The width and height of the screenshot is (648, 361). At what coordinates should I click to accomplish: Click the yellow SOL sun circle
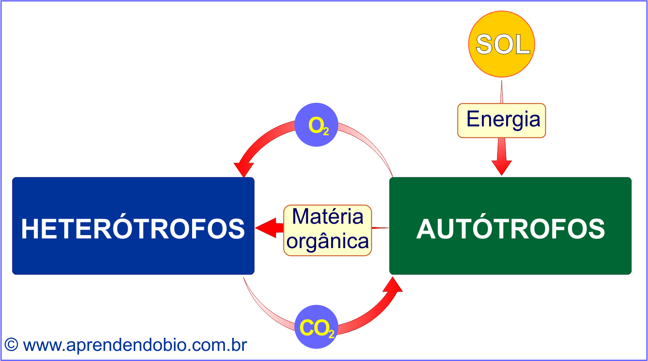tap(501, 44)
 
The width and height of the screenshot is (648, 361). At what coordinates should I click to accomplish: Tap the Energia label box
tap(501, 120)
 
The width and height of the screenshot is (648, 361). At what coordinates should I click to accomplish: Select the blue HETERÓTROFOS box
tap(133, 226)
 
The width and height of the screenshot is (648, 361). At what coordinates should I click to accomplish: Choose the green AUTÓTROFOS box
tap(510, 226)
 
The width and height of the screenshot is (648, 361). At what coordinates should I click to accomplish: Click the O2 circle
tap(316, 125)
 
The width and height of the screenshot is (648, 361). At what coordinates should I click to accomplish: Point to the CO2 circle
tap(316, 327)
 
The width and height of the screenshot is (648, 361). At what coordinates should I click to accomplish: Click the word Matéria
tap(327, 217)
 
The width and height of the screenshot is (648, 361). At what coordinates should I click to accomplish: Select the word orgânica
tap(327, 241)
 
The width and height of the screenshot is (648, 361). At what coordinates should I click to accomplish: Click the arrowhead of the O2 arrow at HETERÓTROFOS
tap(244, 170)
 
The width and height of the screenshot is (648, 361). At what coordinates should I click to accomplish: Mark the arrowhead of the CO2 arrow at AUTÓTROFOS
tap(393, 285)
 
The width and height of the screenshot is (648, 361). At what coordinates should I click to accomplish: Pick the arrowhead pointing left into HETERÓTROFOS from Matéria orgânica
tap(265, 228)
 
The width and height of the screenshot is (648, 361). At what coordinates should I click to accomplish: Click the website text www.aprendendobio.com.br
tap(135, 345)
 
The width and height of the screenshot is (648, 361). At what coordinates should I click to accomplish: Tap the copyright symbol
tap(11, 345)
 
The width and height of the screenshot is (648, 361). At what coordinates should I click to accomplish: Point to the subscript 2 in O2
tap(326, 132)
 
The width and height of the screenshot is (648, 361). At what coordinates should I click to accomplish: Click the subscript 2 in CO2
tap(332, 334)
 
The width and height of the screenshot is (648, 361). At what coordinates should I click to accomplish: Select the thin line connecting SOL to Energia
tap(501, 91)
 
